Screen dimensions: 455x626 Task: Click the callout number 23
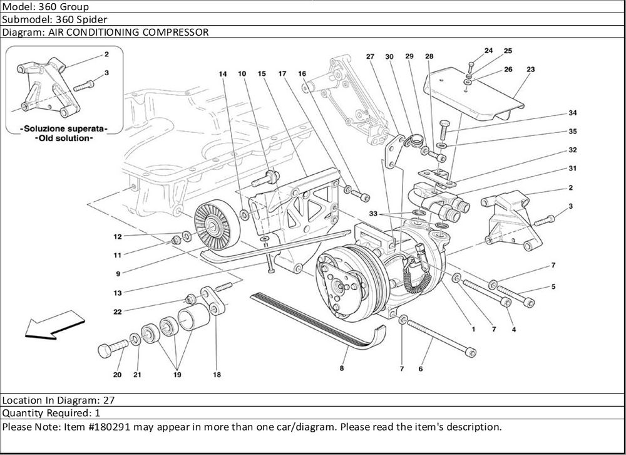point(530,70)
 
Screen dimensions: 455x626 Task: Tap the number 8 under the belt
point(342,369)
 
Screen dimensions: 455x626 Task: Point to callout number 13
point(118,292)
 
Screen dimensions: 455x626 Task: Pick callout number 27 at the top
point(370,56)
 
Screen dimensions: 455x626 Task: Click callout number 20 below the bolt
point(117,375)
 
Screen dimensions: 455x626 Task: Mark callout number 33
point(373,214)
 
